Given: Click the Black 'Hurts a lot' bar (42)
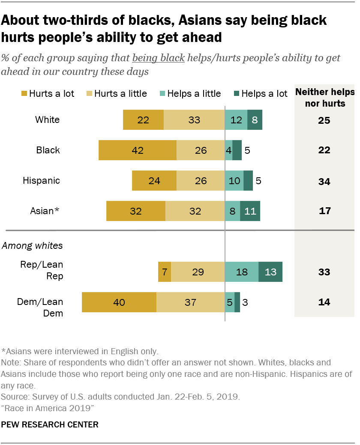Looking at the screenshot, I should pos(137,150).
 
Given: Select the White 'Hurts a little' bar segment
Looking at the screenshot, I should pos(194,120).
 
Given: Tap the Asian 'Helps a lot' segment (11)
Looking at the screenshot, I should pos(250,211).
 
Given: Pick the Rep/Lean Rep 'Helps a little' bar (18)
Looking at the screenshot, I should pos(241,272).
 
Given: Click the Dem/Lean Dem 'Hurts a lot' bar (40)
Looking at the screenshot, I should pos(119,302).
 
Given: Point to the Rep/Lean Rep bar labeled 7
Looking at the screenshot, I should pos(165,272).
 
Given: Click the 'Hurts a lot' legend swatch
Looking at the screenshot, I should pos(24,93).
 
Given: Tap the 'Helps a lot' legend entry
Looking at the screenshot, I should pos(259,93).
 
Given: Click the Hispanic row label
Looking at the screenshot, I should pos(41,181).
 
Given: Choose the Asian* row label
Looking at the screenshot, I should pos(45,211).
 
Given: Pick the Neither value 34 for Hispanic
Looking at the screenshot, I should pos(324,182).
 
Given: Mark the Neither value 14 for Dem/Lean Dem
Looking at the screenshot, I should pos(324,302).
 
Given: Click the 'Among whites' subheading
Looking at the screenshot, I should pos(32,246).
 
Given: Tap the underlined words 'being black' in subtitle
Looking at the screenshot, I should pos(159,58).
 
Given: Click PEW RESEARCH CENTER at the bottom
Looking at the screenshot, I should pos(50,425).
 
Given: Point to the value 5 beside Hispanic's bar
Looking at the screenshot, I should pos(258,181).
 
